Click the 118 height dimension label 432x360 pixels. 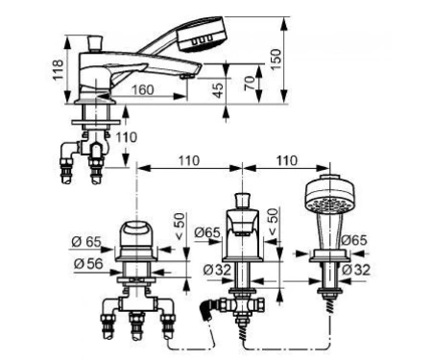(x=58, y=70)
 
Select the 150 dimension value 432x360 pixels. (x=276, y=59)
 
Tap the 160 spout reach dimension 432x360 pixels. (x=143, y=90)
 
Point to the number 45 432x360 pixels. (x=218, y=90)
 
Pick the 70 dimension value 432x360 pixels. (x=250, y=84)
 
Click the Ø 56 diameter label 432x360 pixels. (x=88, y=264)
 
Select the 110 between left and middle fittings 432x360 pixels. (x=189, y=160)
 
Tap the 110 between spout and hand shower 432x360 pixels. (x=287, y=160)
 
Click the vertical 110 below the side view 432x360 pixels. (x=127, y=137)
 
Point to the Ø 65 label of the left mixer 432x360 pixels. (x=86, y=242)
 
